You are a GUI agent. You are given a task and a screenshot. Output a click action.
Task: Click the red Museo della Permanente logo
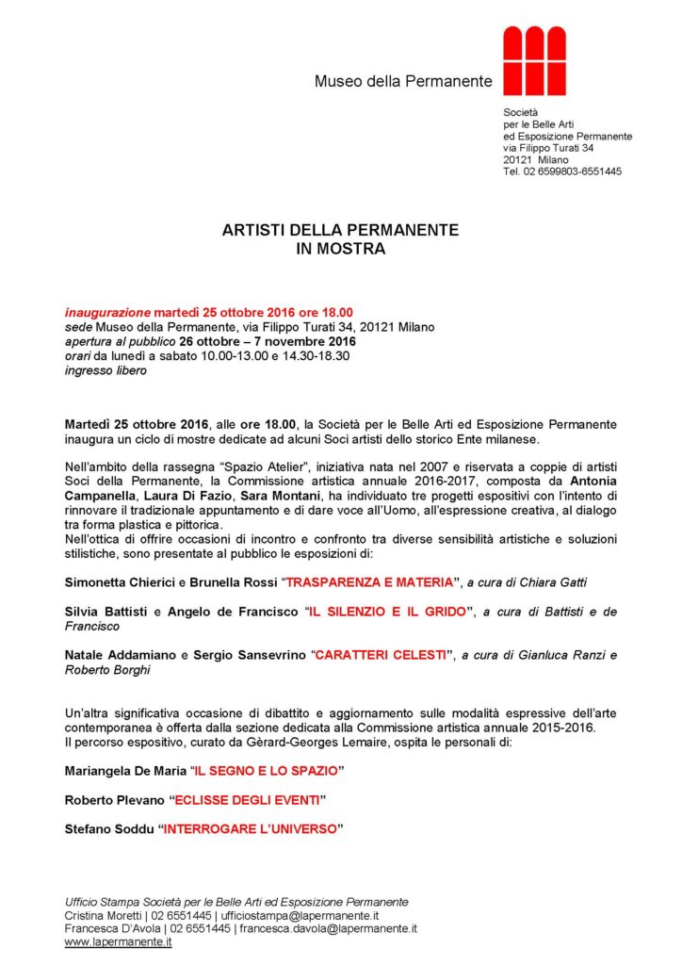pos(534,61)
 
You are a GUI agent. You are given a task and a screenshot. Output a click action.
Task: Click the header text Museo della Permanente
pos(403,82)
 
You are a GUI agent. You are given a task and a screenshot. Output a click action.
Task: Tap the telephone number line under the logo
pos(562,172)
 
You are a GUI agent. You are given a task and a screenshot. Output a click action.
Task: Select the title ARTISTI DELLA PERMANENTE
pos(340,230)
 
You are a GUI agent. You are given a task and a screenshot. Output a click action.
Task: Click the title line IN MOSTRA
pos(340,250)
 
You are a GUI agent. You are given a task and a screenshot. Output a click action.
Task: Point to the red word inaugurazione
pos(107,312)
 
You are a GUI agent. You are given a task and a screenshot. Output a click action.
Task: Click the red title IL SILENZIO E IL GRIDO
pos(385,613)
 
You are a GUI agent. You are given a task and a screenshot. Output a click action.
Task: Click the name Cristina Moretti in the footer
pos(102,915)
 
